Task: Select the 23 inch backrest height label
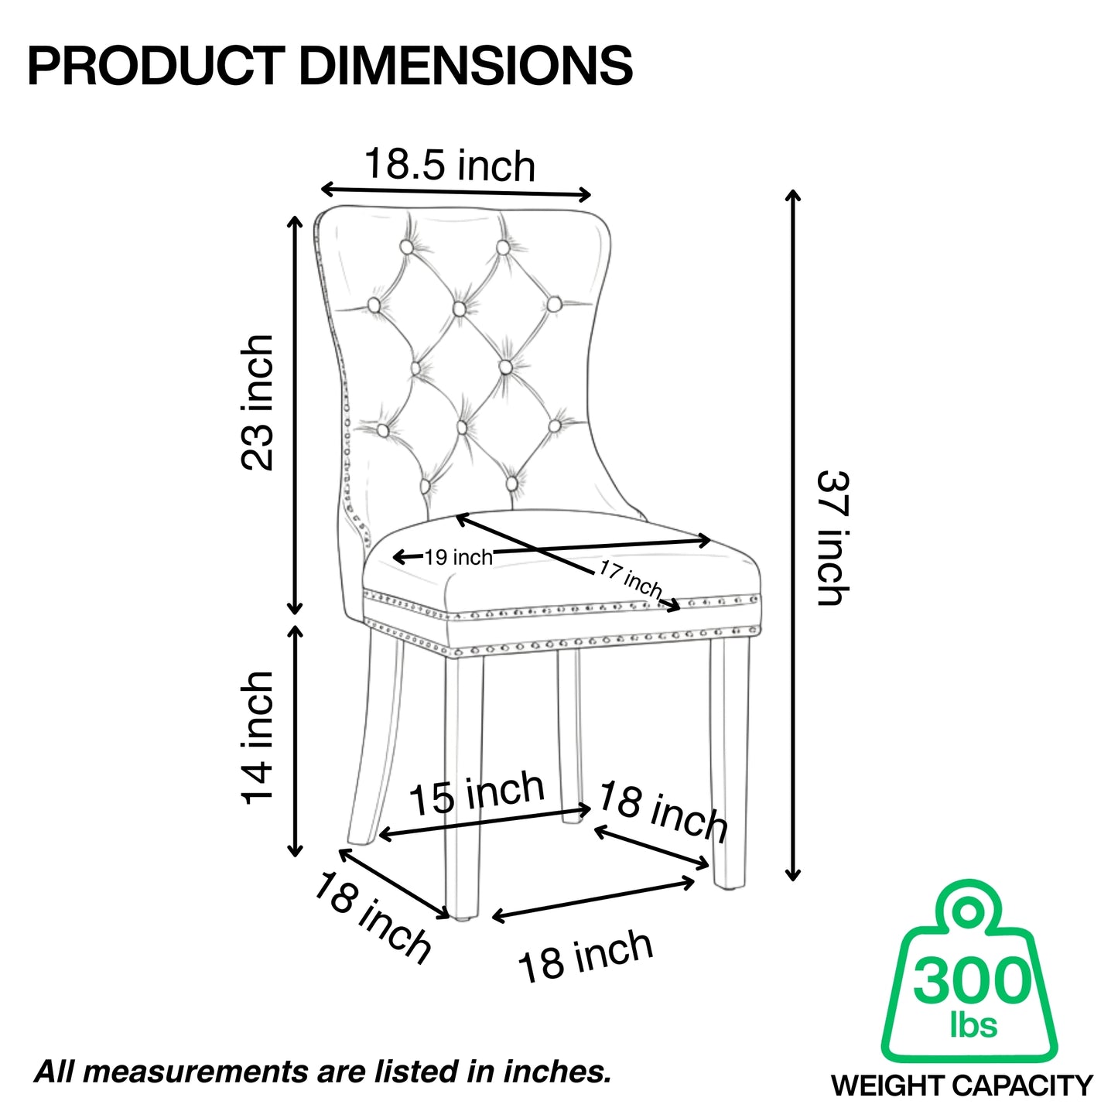[257, 402]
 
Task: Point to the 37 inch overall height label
[833, 538]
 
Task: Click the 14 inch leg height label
[257, 738]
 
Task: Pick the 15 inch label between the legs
[477, 792]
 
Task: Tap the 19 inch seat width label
[458, 558]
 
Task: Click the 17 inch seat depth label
[631, 579]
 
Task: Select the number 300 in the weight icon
[973, 980]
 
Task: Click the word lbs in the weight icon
[973, 1024]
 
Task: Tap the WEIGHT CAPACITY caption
[962, 1085]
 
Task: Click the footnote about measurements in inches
[323, 1071]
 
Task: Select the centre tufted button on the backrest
[504, 367]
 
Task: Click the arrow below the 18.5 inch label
[456, 191]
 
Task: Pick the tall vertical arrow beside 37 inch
[792, 535]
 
